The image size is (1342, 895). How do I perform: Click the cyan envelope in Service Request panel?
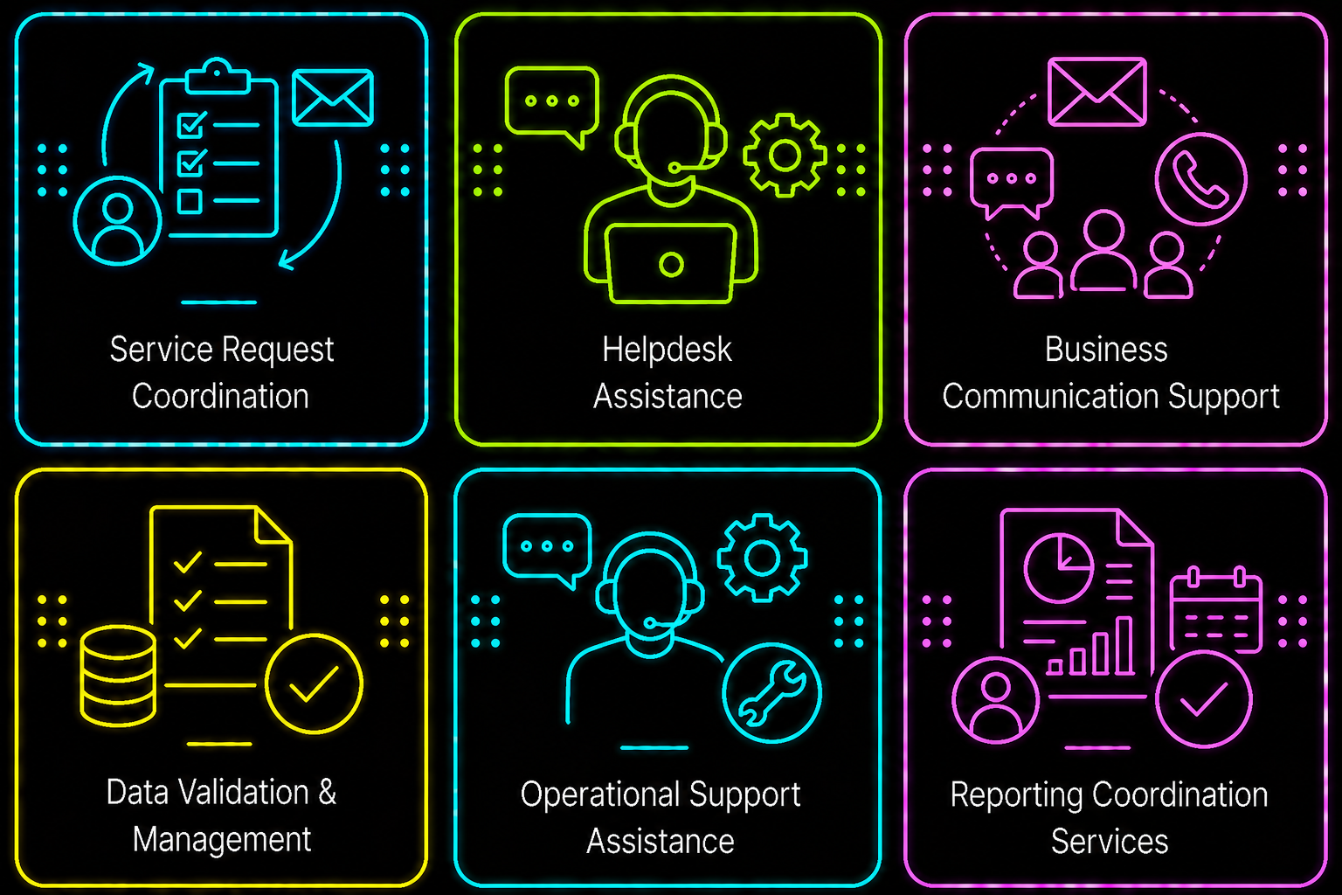tap(333, 98)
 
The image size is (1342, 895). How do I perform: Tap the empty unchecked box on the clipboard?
tap(190, 201)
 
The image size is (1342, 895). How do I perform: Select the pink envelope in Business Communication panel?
tap(1097, 92)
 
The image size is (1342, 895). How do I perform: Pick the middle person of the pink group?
tap(1103, 251)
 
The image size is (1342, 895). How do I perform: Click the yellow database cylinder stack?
tap(118, 676)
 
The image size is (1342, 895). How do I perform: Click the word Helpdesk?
tap(667, 350)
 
